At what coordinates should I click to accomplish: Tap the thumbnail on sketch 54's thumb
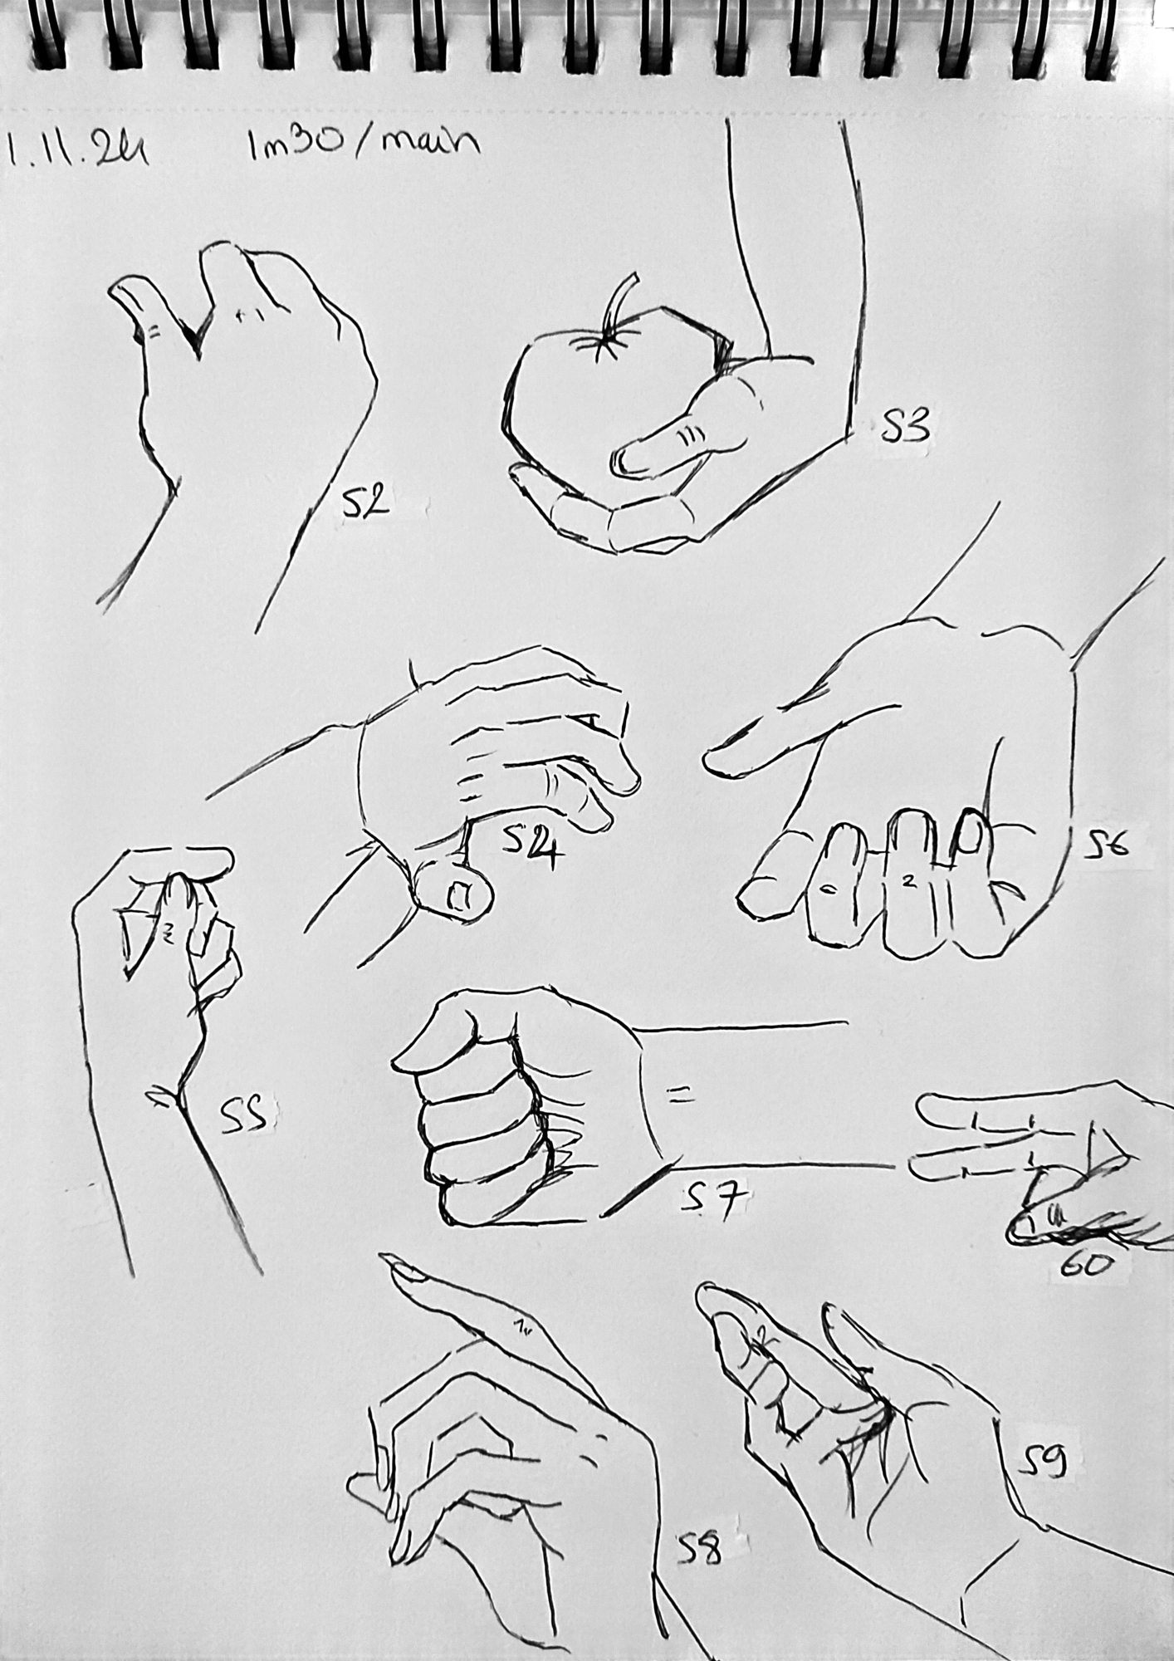457,896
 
